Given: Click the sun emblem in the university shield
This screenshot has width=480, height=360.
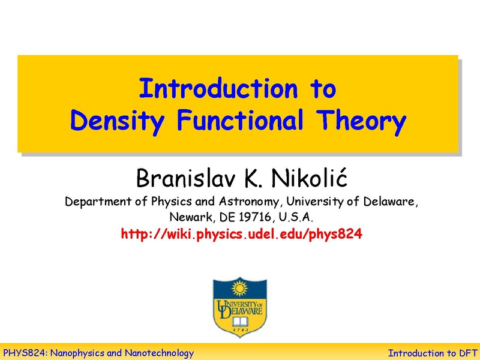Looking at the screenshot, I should [240, 289].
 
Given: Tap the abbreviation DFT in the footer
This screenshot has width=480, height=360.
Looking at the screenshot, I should [464, 353].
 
